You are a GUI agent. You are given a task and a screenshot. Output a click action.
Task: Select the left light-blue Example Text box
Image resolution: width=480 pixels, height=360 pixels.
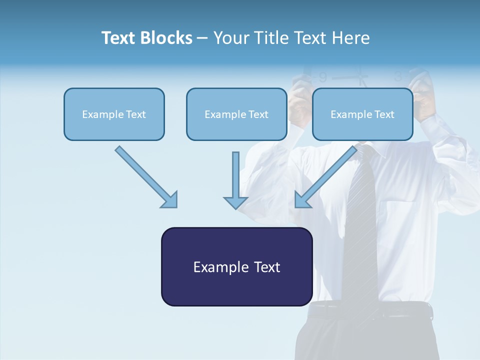click(114, 114)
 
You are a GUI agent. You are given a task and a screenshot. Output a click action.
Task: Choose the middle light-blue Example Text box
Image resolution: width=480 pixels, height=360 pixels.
click(236, 114)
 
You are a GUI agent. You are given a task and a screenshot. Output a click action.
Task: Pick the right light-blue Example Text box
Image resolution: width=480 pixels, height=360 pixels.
click(362, 114)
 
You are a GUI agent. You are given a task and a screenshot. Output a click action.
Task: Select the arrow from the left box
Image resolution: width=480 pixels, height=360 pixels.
click(147, 177)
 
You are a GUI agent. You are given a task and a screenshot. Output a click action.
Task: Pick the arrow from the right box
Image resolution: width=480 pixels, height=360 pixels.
click(325, 177)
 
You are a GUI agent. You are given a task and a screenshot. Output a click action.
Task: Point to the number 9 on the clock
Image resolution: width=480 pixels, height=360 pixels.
click(323, 77)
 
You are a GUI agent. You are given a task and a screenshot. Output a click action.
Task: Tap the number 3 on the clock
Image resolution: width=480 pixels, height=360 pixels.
click(397, 77)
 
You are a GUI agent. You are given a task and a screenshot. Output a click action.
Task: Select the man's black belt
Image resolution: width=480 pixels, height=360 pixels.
click(370, 311)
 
